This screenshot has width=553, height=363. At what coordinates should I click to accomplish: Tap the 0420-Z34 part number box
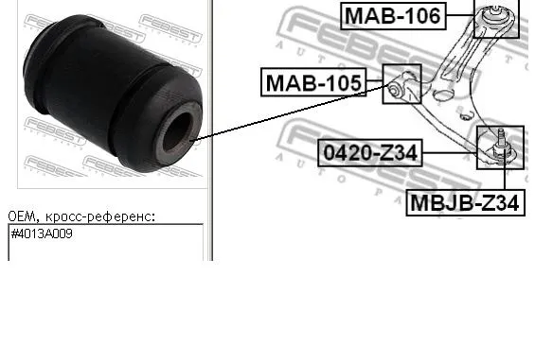[x=370, y=151]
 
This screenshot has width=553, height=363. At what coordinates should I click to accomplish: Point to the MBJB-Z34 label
[x=465, y=202]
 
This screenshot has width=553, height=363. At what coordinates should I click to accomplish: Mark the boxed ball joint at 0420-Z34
[x=499, y=144]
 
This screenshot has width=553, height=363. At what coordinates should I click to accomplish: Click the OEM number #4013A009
[x=42, y=233]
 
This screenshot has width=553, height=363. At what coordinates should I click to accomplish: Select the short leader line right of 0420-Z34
[x=449, y=151]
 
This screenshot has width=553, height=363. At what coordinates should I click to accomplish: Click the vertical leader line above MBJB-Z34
[x=505, y=176]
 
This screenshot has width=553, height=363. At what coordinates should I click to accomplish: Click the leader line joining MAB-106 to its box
[x=460, y=15]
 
